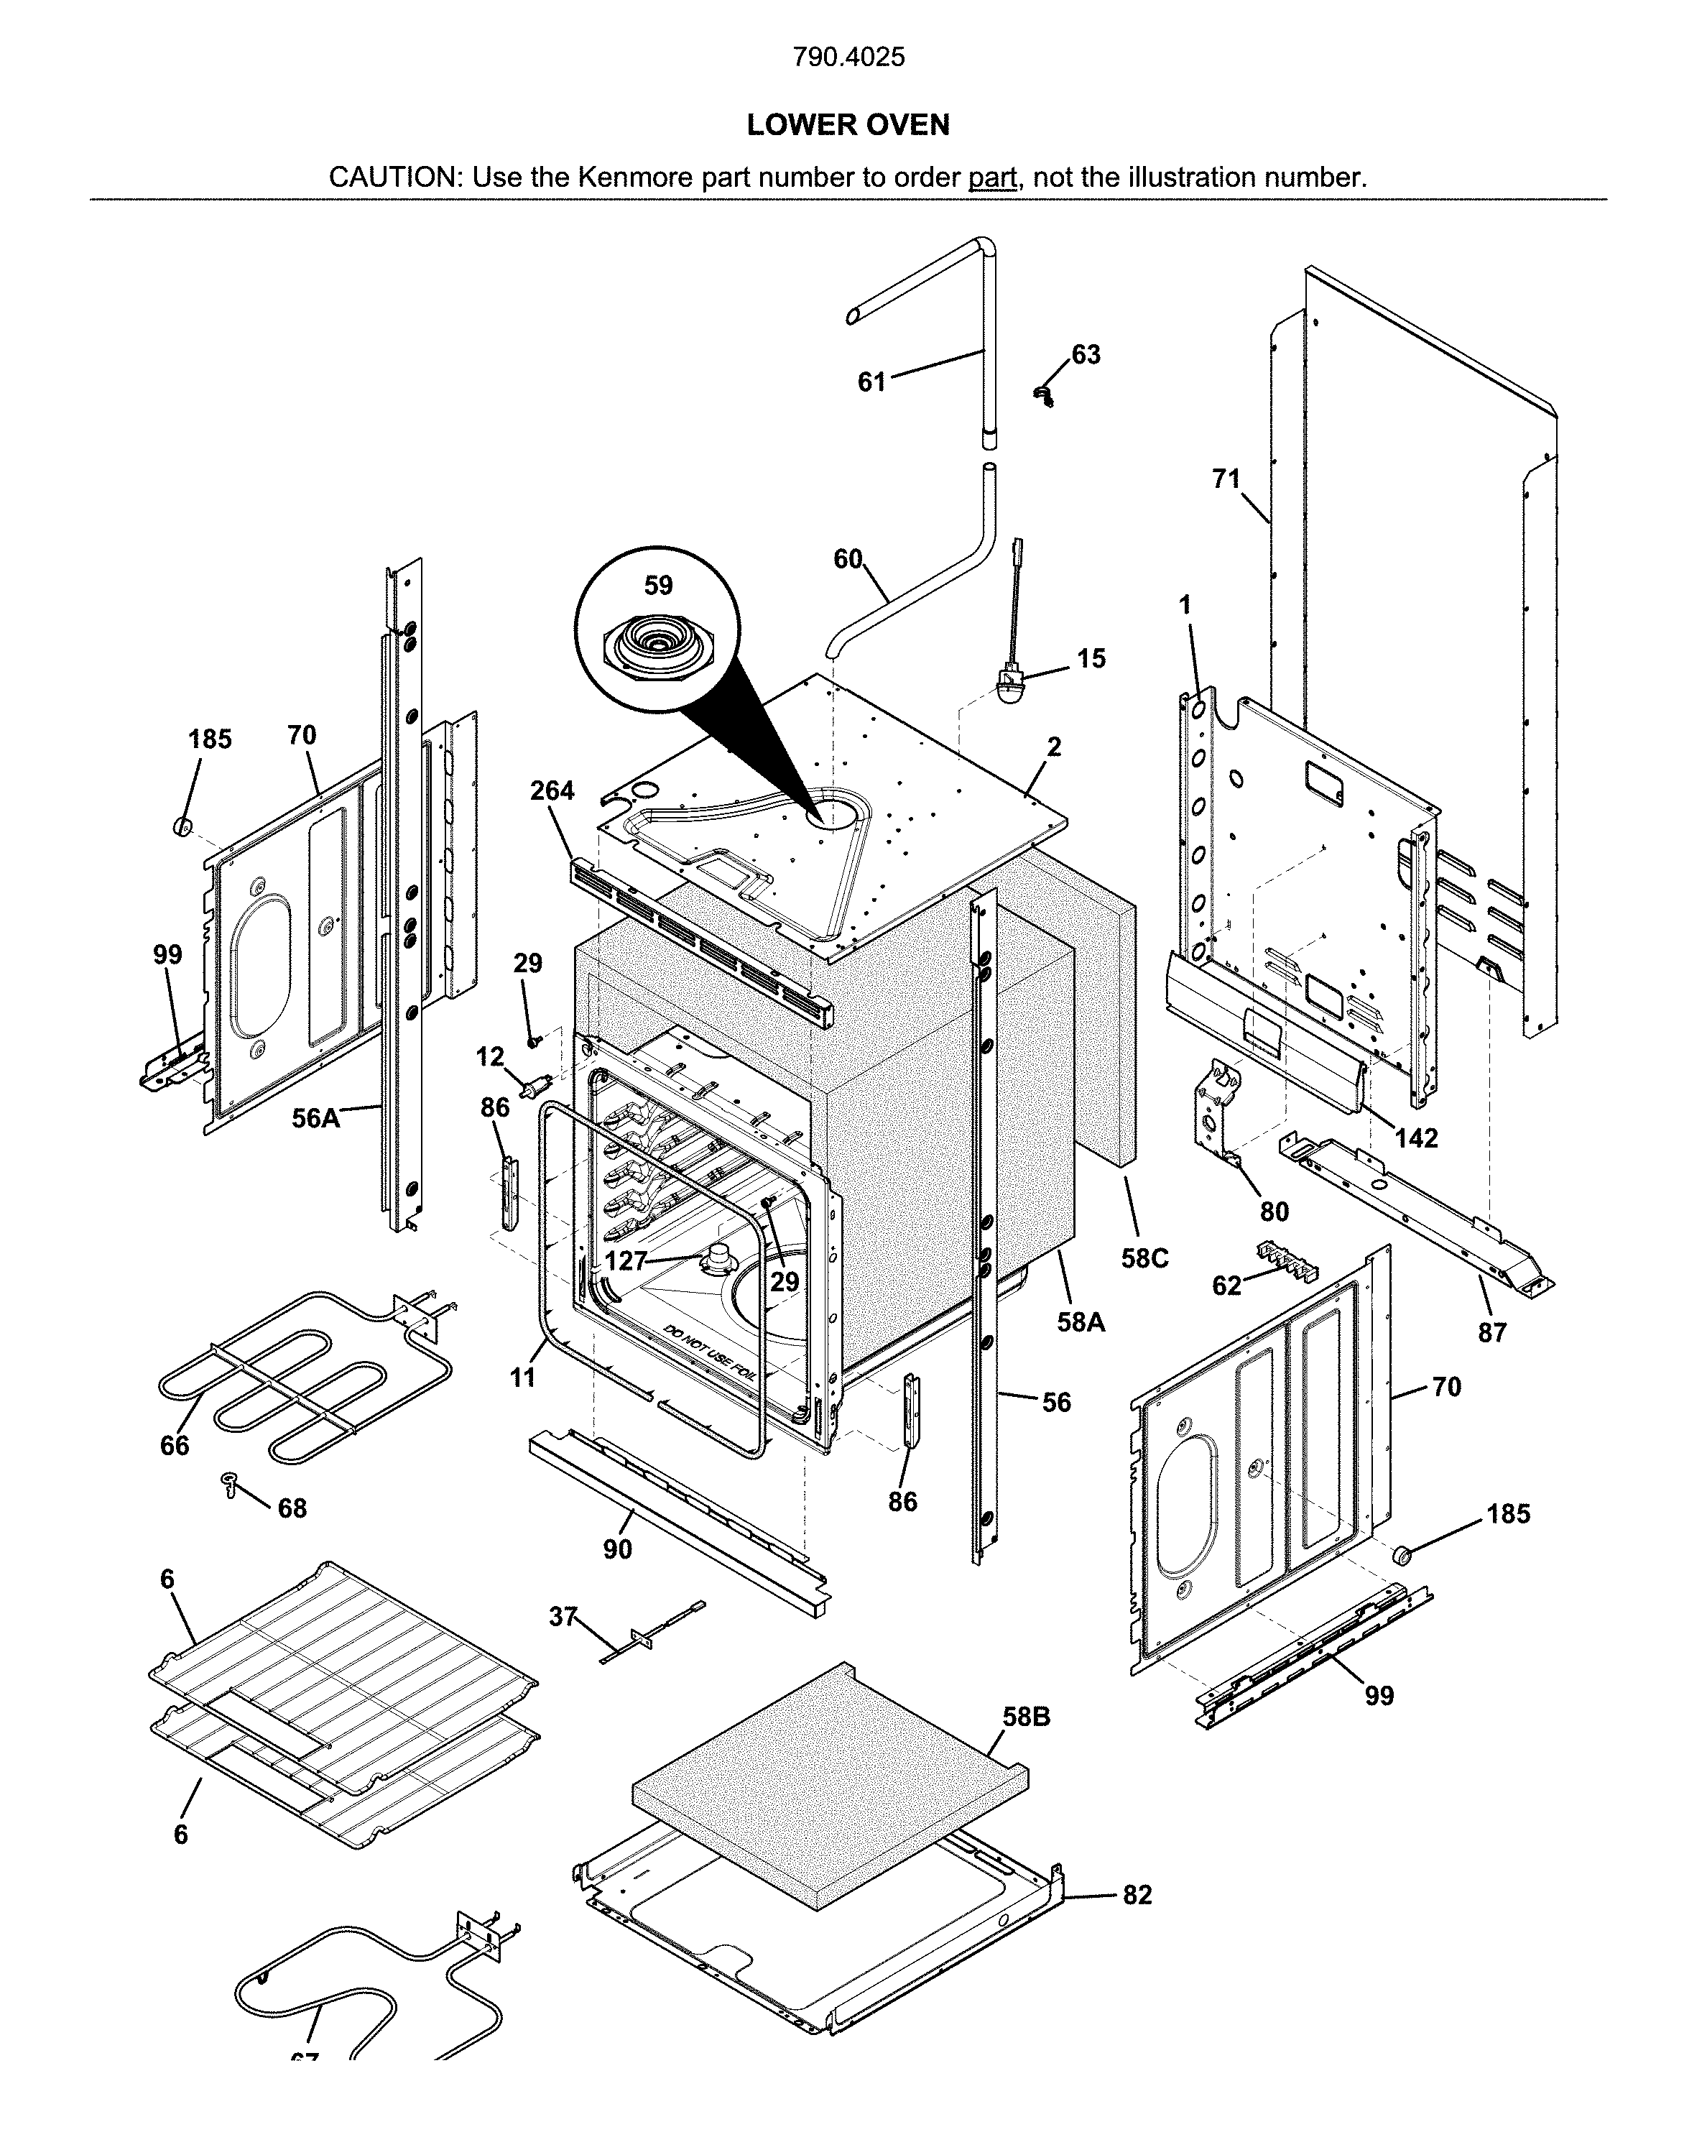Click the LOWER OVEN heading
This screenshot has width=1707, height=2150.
tap(848, 124)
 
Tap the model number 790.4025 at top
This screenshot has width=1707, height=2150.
tap(848, 57)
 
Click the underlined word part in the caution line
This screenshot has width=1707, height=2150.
tap(991, 177)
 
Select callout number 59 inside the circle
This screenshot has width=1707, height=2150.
tap(658, 586)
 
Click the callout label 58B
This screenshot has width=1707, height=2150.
tap(1026, 1717)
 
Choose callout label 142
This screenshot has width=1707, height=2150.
tap(1416, 1138)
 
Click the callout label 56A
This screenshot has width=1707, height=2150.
tap(315, 1119)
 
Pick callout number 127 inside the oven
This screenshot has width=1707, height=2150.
tap(625, 1262)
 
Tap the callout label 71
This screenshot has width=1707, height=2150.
tap(1226, 480)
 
